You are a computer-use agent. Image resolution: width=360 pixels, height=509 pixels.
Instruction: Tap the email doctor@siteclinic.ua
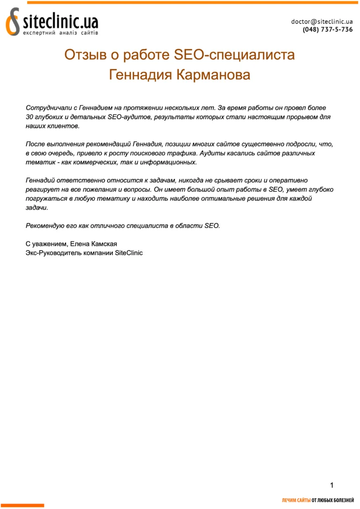(322, 21)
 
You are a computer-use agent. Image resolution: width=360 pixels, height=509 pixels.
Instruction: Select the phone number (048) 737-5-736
(328, 29)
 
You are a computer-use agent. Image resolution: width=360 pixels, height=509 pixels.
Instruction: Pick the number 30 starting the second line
(30, 117)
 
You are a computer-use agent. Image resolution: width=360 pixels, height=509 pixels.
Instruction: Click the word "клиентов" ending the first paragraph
(66, 126)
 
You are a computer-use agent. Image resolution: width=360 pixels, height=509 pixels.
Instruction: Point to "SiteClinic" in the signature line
(129, 253)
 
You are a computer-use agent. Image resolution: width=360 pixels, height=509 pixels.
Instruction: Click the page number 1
(332, 485)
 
